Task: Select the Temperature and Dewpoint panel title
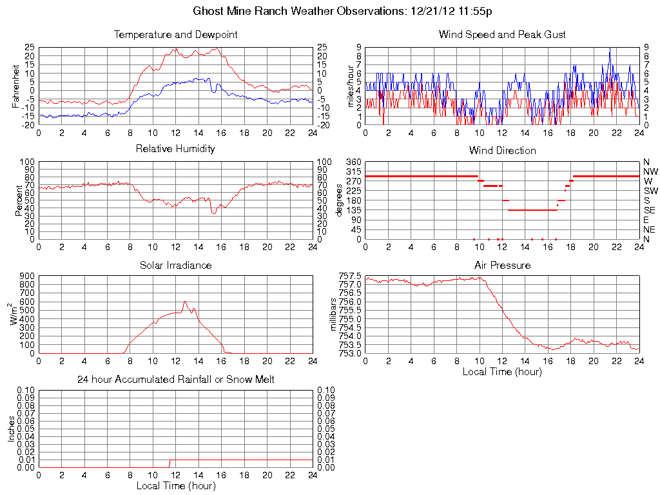click(175, 35)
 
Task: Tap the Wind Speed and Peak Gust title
click(502, 35)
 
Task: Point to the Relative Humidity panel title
click(175, 149)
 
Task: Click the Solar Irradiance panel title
click(175, 265)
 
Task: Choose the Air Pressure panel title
click(502, 265)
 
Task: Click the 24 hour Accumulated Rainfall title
click(175, 380)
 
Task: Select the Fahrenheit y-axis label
click(17, 86)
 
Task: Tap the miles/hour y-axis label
click(351, 86)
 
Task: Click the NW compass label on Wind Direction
click(650, 171)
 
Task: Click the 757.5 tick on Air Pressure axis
click(350, 276)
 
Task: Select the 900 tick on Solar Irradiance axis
click(26, 276)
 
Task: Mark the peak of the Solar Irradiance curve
click(185, 302)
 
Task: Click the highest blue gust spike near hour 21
click(610, 48)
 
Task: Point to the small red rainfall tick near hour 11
click(170, 463)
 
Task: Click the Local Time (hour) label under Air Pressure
click(502, 371)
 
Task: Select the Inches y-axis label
click(12, 429)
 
